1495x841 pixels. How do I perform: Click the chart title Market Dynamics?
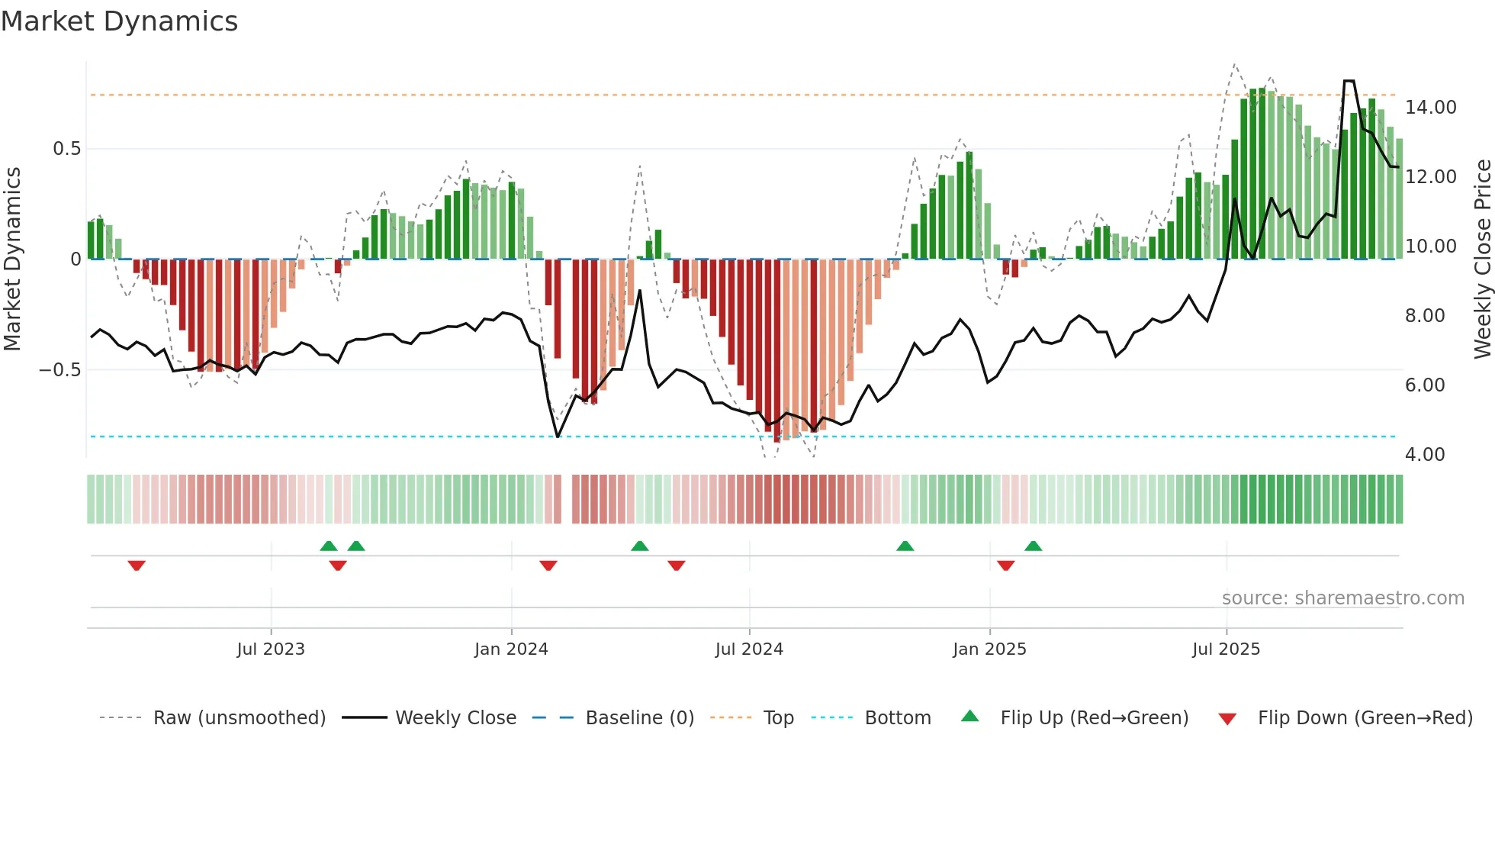coord(119,21)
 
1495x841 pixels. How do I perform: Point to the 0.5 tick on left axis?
coord(66,149)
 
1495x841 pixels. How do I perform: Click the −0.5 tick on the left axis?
coord(59,370)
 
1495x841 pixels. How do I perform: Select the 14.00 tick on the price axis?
coord(1430,108)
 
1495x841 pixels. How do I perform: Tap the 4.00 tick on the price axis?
coord(1425,455)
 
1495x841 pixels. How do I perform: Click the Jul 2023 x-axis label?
coord(270,649)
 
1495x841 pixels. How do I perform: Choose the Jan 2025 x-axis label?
coord(989,649)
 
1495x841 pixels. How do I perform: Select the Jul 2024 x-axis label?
coord(749,649)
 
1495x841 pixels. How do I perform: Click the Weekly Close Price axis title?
coord(1482,259)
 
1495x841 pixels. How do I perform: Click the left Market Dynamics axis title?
coord(12,259)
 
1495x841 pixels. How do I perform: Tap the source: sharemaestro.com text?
coord(1342,598)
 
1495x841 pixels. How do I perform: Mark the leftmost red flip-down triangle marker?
coord(137,565)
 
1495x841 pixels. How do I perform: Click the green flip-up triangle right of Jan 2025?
coord(1033,546)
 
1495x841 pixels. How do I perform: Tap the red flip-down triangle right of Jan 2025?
coord(1005,565)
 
